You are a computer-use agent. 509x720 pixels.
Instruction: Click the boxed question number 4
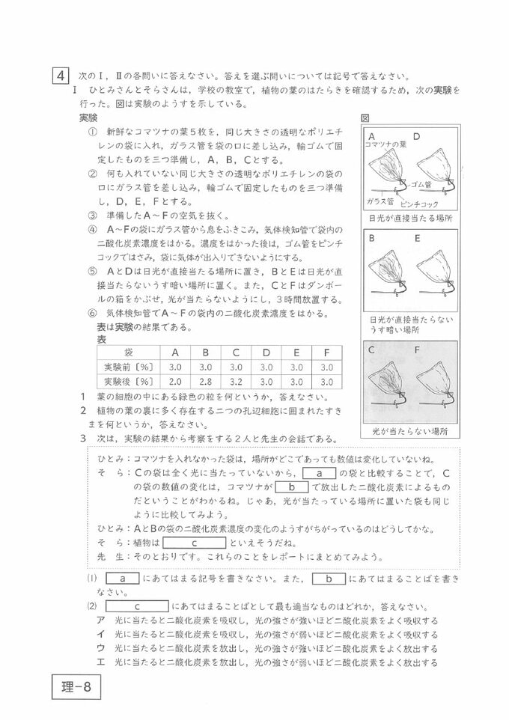pos(60,76)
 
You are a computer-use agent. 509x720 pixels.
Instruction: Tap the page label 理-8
pos(76,686)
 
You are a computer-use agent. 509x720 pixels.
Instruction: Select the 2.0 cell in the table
pos(175,382)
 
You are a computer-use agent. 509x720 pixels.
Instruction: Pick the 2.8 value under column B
pos(209,382)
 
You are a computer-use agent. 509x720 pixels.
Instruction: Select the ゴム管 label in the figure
pos(424,184)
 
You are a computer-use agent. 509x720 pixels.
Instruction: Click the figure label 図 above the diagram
pos(365,118)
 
